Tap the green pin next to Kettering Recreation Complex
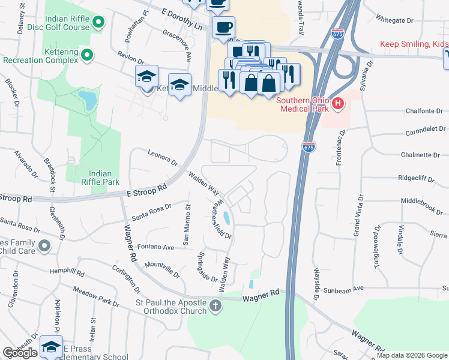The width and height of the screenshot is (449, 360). (87, 56)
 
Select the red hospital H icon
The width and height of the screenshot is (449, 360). (338, 104)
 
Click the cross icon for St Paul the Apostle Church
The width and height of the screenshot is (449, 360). (215, 307)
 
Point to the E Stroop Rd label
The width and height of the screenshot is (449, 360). (146, 190)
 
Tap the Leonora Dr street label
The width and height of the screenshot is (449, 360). (163, 158)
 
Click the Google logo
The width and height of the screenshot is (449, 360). (20, 353)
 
